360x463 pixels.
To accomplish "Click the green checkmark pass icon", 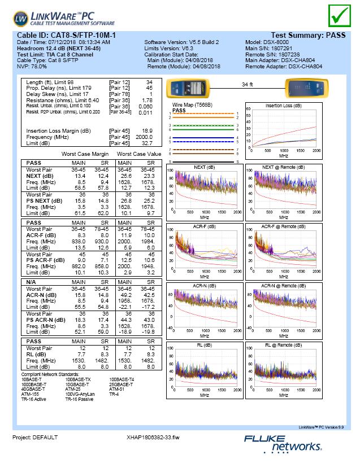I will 339,15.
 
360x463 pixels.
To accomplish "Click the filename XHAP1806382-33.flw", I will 153,438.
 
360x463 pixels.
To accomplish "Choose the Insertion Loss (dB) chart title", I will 284,106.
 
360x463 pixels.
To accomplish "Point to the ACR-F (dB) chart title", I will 204,226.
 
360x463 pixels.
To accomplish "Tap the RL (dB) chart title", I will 204,344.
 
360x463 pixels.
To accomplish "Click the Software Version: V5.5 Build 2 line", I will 181,42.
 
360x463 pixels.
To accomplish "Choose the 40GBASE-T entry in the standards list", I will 35,388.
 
